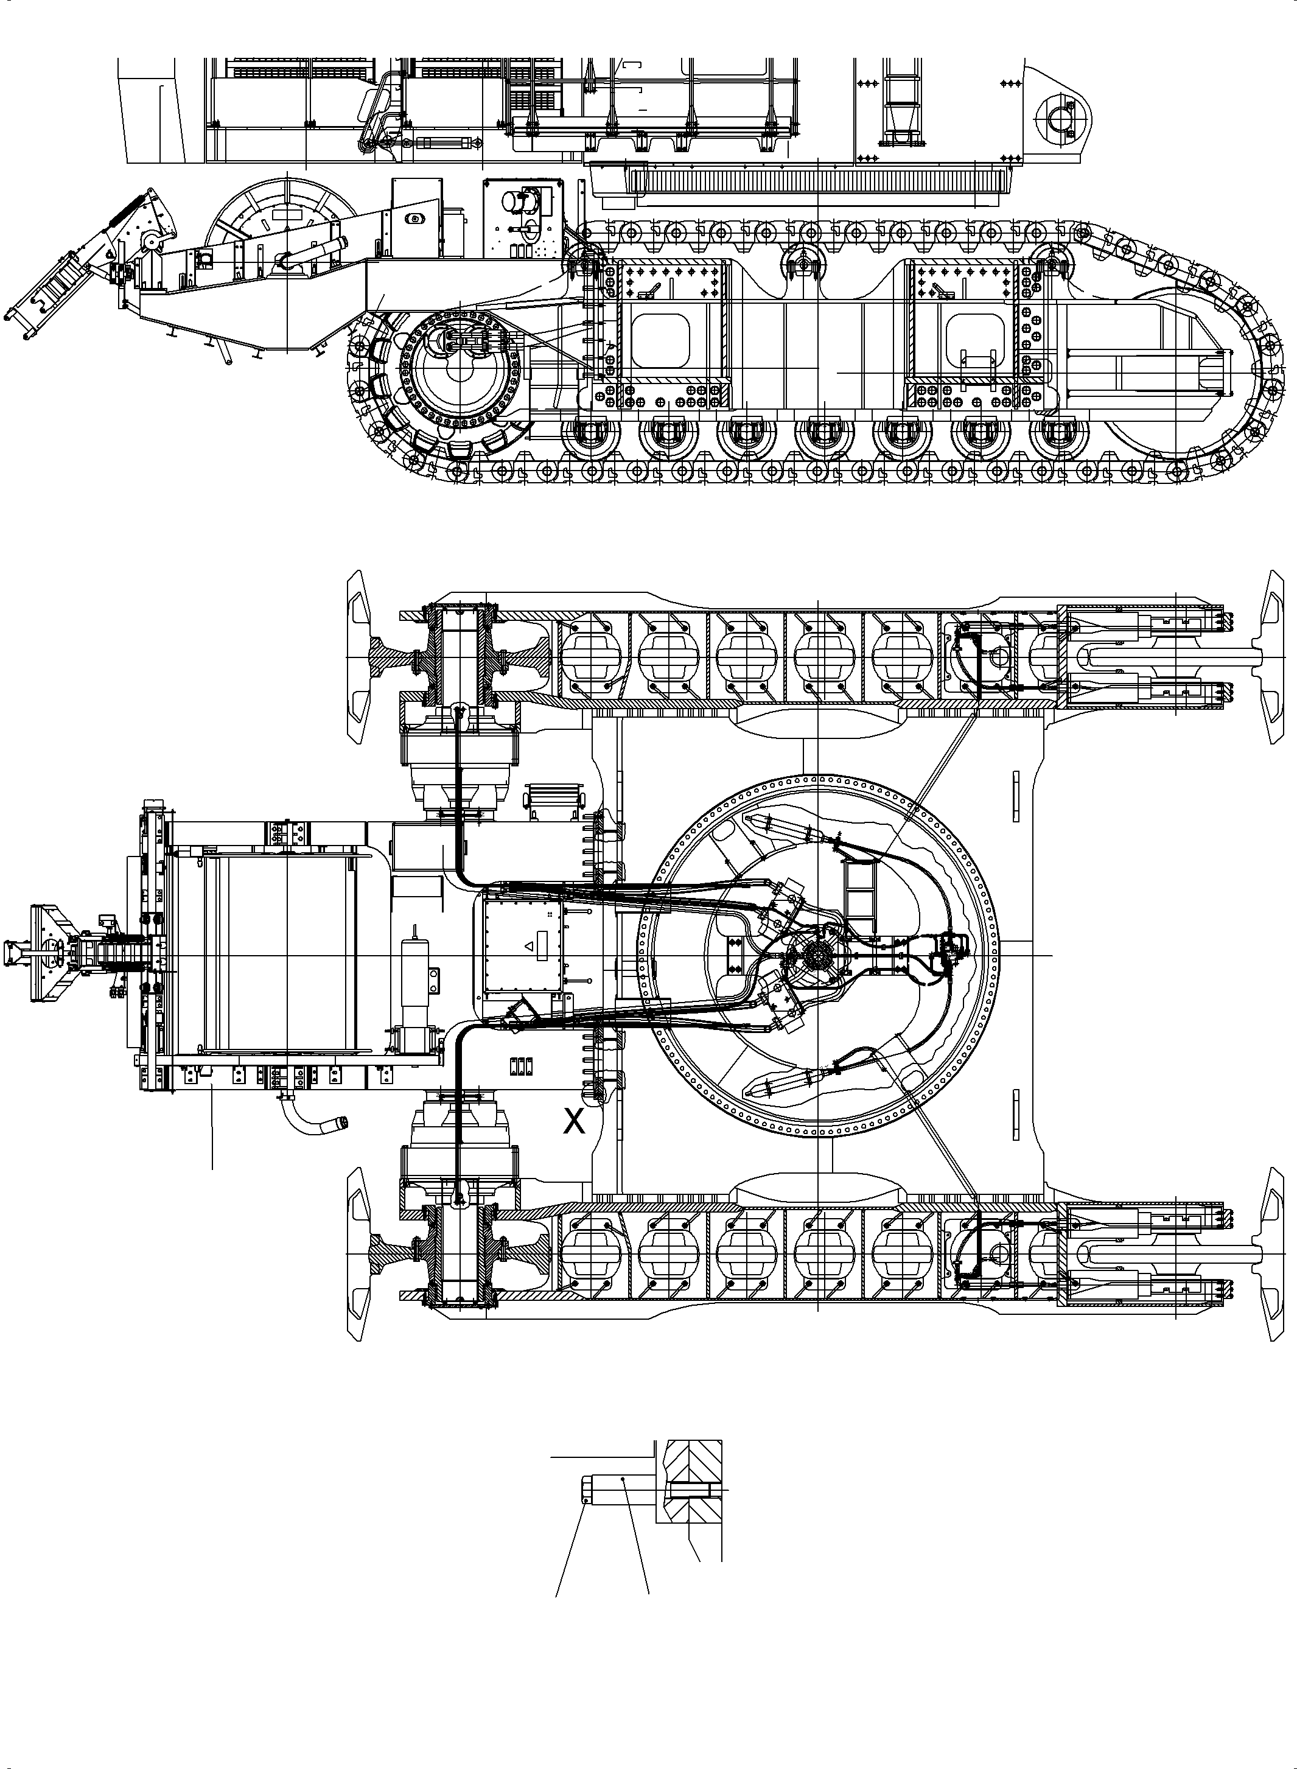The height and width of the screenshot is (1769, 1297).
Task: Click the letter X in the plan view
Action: click(x=575, y=1123)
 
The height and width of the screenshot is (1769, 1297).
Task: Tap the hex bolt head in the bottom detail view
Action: click(x=587, y=1489)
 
